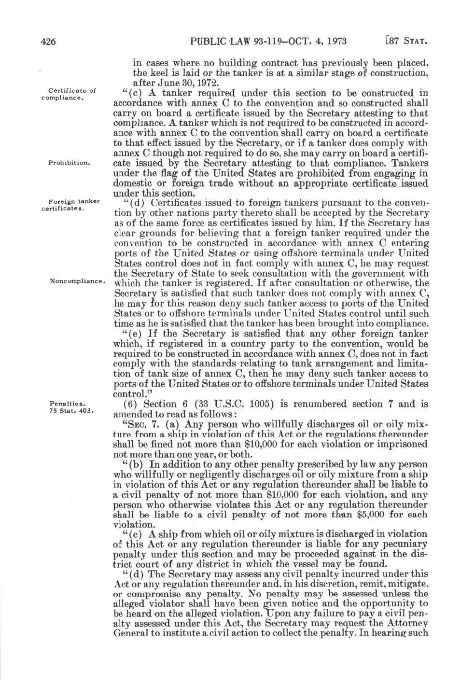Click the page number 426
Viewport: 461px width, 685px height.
[x=48, y=42]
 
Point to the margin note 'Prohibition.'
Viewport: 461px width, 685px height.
[x=69, y=163]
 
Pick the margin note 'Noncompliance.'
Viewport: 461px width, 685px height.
[x=77, y=281]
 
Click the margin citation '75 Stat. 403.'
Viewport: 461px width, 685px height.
[x=71, y=411]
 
